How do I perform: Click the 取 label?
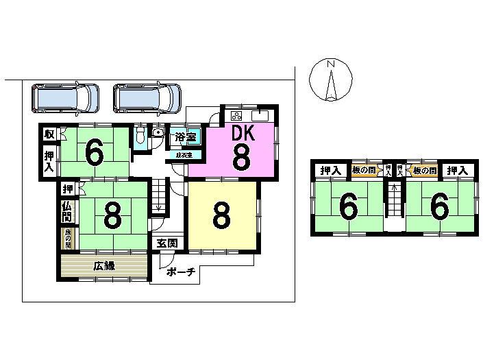pyautogui.click(x=49, y=134)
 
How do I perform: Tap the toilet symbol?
pyautogui.click(x=140, y=134)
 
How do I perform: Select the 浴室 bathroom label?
pyautogui.click(x=186, y=136)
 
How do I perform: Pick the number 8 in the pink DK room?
pyautogui.click(x=240, y=158)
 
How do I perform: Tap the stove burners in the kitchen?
pyautogui.click(x=236, y=115)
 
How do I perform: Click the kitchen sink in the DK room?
pyautogui.click(x=262, y=115)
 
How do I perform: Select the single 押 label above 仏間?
pyautogui.click(x=68, y=189)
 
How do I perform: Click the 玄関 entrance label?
pyautogui.click(x=167, y=243)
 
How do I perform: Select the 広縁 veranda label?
pyautogui.click(x=104, y=266)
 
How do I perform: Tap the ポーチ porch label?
pyautogui.click(x=181, y=272)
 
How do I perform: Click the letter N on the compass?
pyautogui.click(x=330, y=64)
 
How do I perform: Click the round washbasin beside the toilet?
pyautogui.click(x=158, y=132)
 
